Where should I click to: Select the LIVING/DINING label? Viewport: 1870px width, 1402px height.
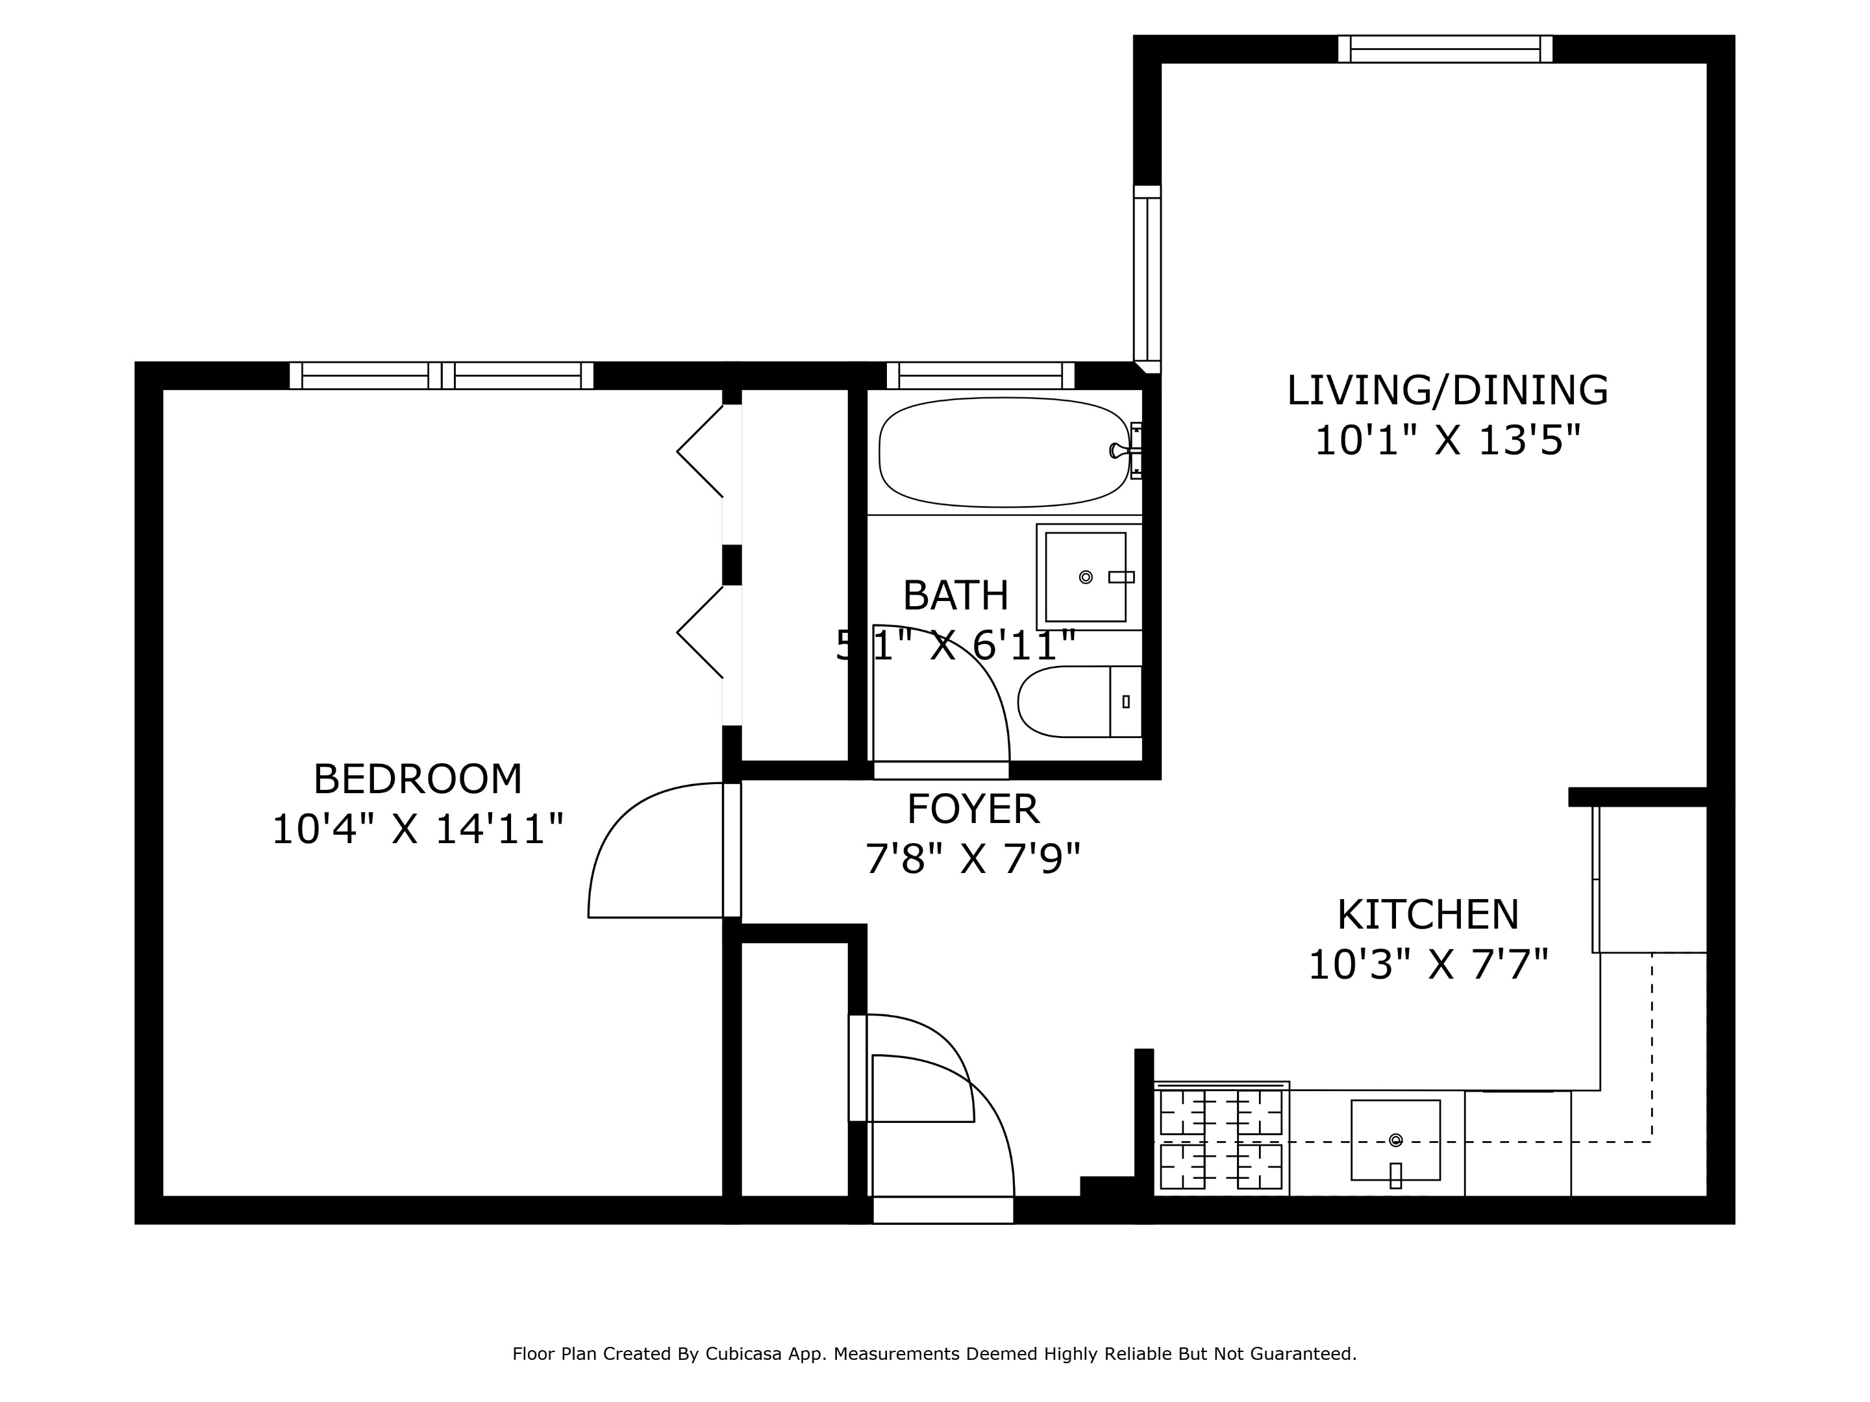(1447, 391)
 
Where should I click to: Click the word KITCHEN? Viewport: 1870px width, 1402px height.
(1428, 915)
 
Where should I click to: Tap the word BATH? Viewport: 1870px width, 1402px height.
(955, 596)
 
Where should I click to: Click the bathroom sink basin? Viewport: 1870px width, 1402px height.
(1086, 577)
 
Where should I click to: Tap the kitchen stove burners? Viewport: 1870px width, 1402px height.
(1221, 1139)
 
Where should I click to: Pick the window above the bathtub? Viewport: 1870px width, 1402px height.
(980, 376)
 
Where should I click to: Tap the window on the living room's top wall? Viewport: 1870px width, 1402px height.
(1445, 49)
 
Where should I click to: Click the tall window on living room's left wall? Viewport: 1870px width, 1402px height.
(1147, 279)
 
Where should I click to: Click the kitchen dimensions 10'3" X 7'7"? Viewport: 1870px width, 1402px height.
(1428, 965)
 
